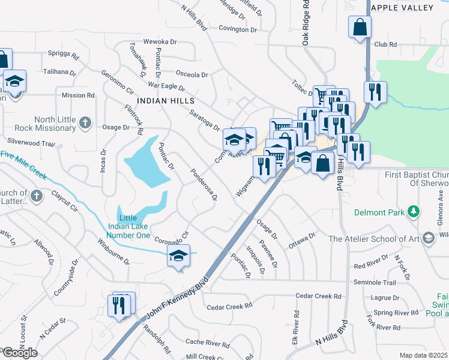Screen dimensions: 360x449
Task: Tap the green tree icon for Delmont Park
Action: (413, 212)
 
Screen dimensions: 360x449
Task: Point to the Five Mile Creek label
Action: (24, 163)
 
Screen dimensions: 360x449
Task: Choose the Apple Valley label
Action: (402, 8)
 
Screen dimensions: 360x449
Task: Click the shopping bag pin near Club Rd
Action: (360, 28)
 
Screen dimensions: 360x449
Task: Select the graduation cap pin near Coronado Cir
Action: (178, 256)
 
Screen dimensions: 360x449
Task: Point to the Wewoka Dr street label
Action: (160, 43)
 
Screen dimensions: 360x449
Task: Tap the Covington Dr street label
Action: (237, 29)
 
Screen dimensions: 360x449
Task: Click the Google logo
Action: (20, 353)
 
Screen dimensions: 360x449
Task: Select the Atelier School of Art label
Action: (372, 239)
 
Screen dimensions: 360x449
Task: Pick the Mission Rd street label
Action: (78, 95)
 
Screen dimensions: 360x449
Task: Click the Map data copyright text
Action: (423, 355)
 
